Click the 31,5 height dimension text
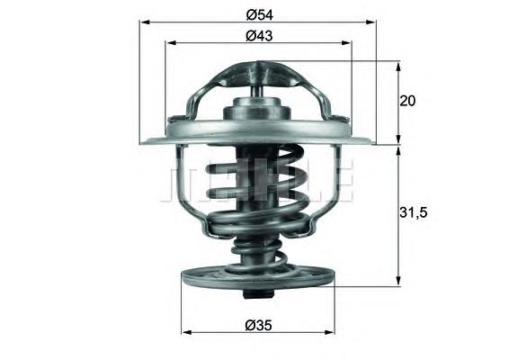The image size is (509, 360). [412, 212]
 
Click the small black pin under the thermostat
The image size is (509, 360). [258, 297]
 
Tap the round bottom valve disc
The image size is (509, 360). [258, 278]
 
